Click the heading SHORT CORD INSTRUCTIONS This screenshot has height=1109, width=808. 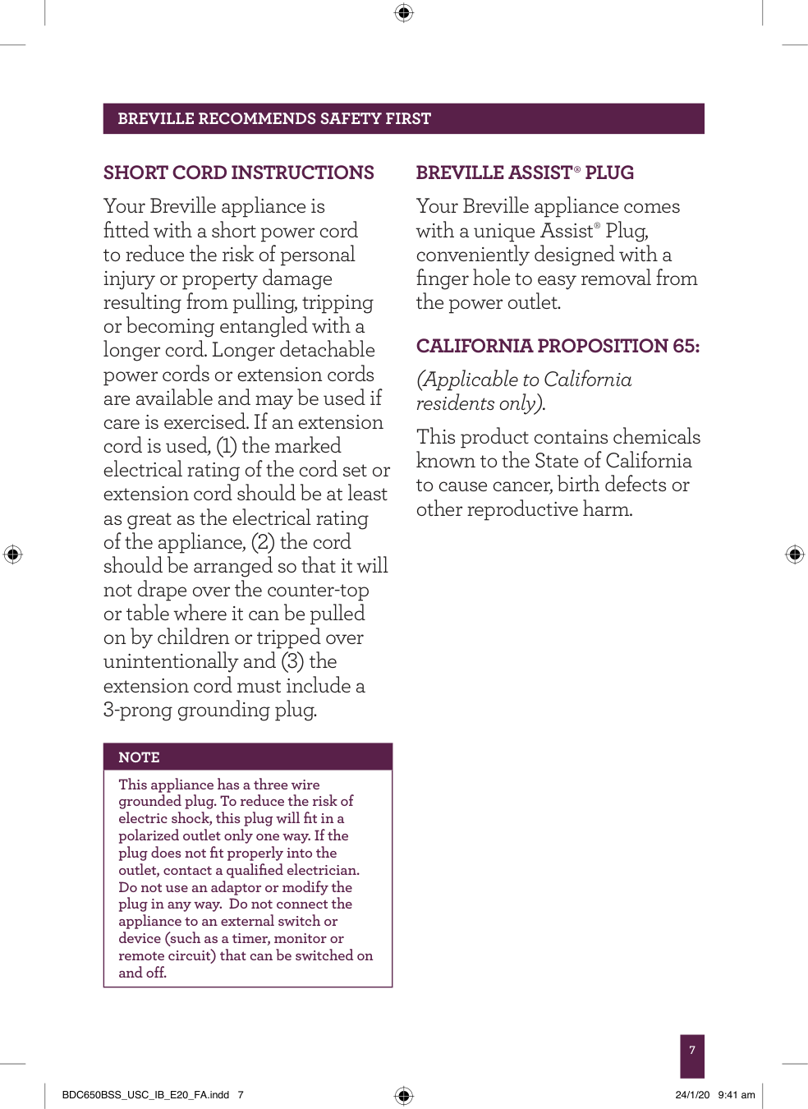pyautogui.click(x=238, y=173)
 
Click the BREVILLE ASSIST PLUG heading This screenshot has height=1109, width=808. pyautogui.click(x=525, y=173)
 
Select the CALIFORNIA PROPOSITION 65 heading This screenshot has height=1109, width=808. pyautogui.click(x=558, y=346)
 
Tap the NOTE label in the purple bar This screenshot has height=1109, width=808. pyautogui.click(x=139, y=757)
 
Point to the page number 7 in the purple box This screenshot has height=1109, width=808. pyautogui.click(x=692, y=1051)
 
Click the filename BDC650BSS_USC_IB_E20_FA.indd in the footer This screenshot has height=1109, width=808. pyautogui.click(x=145, y=1095)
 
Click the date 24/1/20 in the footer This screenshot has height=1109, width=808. pyautogui.click(x=692, y=1095)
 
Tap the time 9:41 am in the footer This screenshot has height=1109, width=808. pyautogui.click(x=737, y=1095)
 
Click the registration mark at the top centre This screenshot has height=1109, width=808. pyautogui.click(x=403, y=12)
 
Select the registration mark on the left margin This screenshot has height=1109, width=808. pyautogui.click(x=12, y=554)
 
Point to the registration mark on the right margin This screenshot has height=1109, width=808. pyautogui.click(x=794, y=554)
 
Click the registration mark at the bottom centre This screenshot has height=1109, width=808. pyautogui.click(x=403, y=1095)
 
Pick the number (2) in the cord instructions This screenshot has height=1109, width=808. pyautogui.click(x=263, y=542)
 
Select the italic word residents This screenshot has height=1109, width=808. pyautogui.click(x=455, y=404)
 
